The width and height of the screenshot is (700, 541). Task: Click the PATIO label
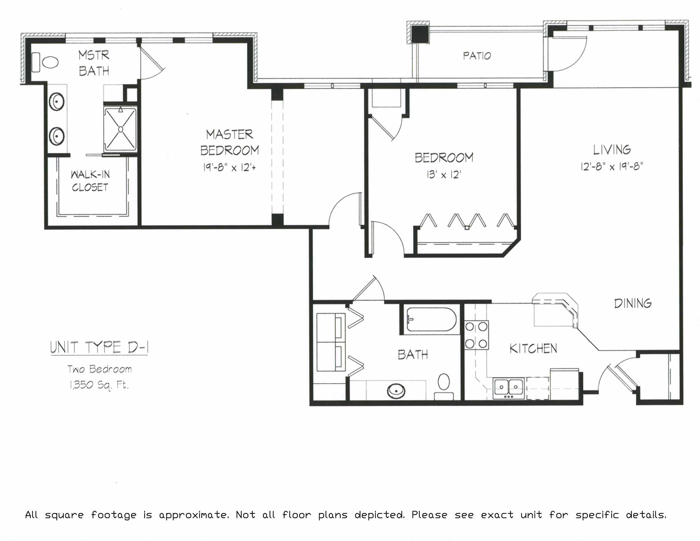(477, 56)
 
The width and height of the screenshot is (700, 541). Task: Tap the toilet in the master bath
(45, 62)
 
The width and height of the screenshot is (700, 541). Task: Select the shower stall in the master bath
(121, 129)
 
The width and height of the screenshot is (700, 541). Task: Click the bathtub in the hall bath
(431, 319)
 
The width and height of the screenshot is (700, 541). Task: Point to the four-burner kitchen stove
(477, 335)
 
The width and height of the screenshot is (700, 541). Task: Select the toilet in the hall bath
(444, 387)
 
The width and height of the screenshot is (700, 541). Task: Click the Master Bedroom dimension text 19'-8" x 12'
(229, 167)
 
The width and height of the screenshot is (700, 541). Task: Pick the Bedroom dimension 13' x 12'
(444, 175)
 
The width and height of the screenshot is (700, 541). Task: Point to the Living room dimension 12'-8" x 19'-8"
(612, 166)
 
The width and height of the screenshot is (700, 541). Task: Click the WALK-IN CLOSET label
(90, 181)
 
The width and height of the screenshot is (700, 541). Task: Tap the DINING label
(633, 303)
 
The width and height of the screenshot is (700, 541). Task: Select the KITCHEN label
(533, 348)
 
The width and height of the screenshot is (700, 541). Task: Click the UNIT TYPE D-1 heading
(99, 348)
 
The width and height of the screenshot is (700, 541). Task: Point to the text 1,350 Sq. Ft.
(99, 385)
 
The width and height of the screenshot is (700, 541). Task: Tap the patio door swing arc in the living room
(574, 59)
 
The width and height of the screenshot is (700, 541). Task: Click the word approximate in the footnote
(194, 515)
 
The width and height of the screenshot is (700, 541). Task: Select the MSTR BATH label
(94, 63)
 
